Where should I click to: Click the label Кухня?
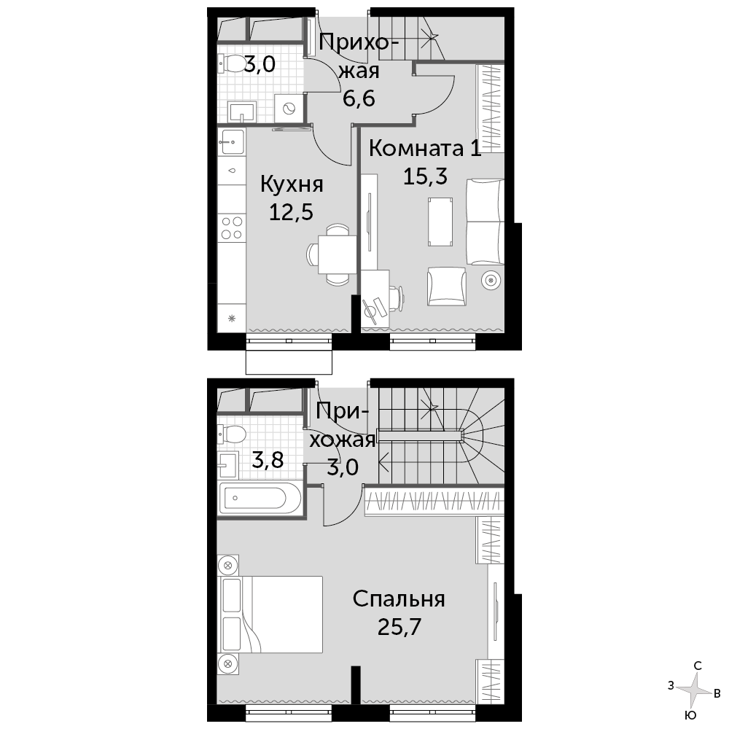click(x=292, y=184)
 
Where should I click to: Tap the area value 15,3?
click(x=425, y=176)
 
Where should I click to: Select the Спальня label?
click(x=399, y=599)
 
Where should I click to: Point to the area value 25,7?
click(x=399, y=627)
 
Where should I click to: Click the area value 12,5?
click(x=291, y=212)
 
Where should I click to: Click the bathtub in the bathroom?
click(x=260, y=499)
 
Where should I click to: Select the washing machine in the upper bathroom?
click(x=288, y=109)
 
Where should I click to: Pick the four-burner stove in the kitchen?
click(x=232, y=227)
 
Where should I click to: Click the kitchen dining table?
click(x=337, y=254)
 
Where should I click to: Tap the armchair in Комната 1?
click(x=446, y=286)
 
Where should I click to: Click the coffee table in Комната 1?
click(x=440, y=222)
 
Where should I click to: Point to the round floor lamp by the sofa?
click(x=491, y=281)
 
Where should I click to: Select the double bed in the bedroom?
click(x=270, y=614)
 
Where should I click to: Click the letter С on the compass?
click(x=698, y=666)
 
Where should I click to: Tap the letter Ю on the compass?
click(x=691, y=715)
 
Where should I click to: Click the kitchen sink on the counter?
click(x=232, y=141)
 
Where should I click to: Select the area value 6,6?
click(x=359, y=98)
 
